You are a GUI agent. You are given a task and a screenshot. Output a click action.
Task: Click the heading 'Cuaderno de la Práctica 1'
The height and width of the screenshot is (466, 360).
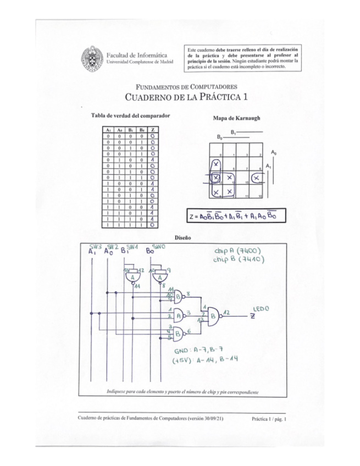click(x=187, y=97)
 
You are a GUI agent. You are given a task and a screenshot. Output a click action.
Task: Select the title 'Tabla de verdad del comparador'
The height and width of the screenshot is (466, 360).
click(x=130, y=116)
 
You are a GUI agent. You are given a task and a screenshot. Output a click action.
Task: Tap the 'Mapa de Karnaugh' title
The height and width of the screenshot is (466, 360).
click(x=236, y=118)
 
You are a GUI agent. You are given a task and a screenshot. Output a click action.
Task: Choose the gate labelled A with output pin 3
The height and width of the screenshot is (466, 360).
click(x=179, y=315)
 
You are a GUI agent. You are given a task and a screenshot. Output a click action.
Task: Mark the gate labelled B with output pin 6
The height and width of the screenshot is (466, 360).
click(x=179, y=332)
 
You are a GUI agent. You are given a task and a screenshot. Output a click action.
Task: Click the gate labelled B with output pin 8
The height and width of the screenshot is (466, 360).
click(x=179, y=297)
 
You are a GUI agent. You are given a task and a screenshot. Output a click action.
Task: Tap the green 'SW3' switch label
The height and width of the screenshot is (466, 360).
click(x=96, y=246)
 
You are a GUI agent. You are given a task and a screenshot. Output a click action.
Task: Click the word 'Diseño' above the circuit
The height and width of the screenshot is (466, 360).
click(x=182, y=237)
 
